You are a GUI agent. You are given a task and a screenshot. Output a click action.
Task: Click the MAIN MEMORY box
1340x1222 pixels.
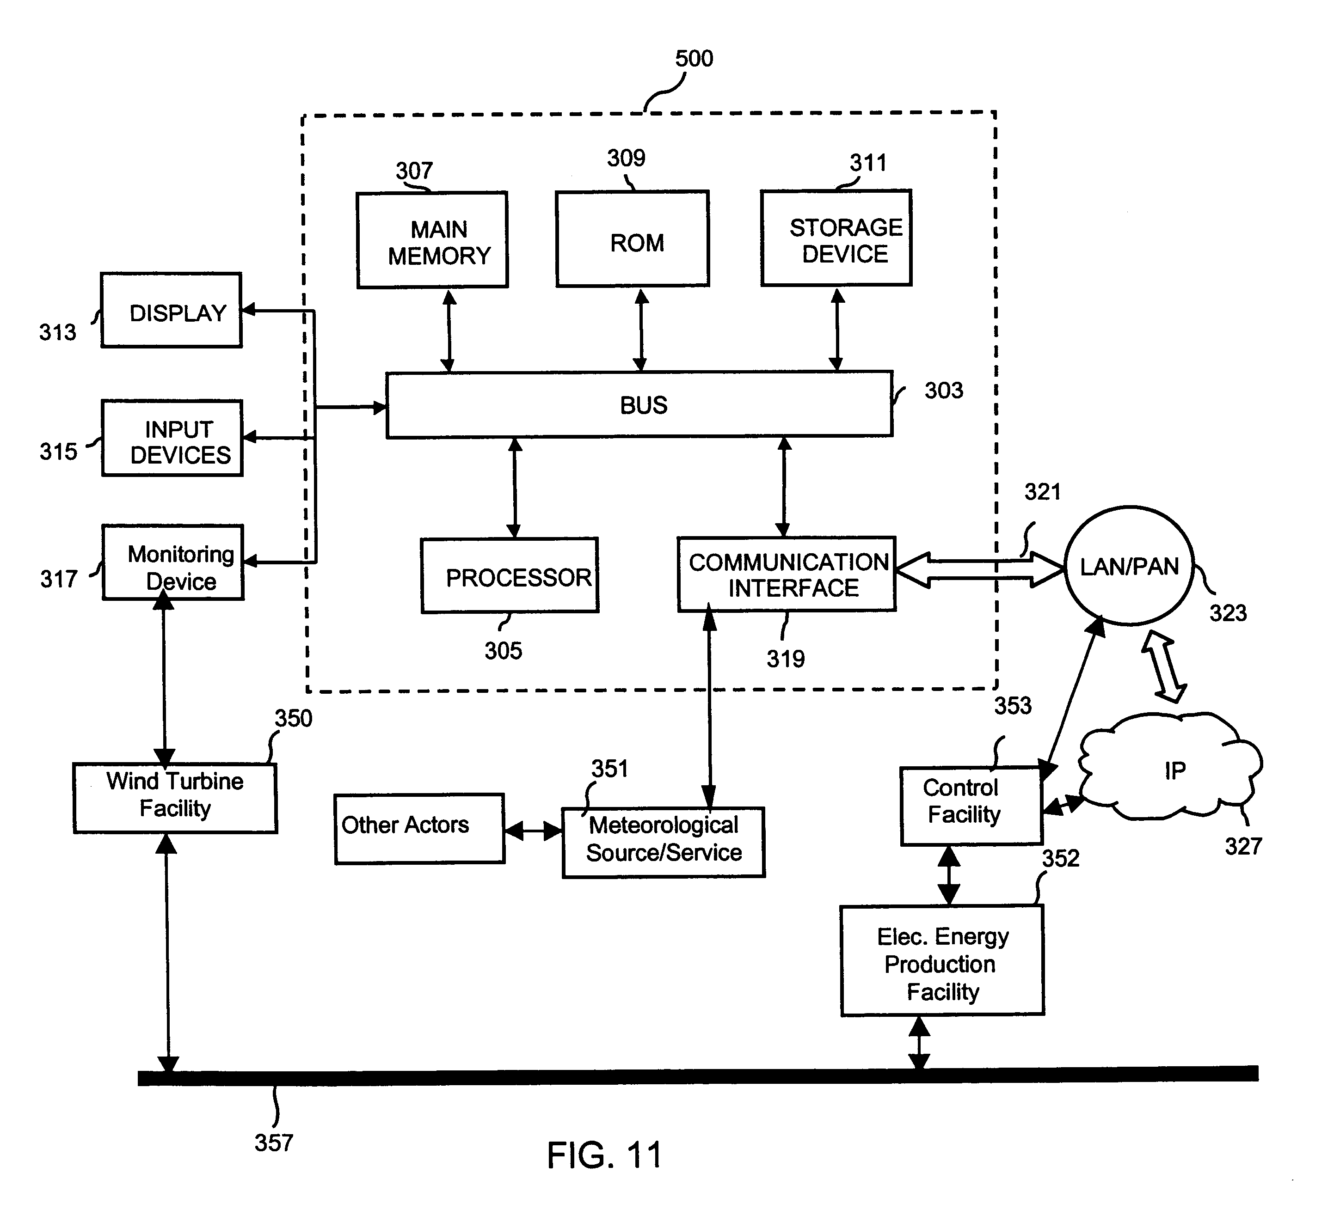tap(432, 240)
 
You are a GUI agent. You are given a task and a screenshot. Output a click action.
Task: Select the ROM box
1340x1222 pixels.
tap(632, 239)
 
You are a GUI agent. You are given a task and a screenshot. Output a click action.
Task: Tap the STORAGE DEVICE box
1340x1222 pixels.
tap(836, 238)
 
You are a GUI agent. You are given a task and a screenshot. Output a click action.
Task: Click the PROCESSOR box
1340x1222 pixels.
tap(510, 575)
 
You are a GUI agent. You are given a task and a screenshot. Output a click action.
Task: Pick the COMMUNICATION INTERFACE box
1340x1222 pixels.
tap(787, 574)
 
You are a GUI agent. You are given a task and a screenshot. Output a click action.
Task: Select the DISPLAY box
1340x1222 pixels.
tap(172, 310)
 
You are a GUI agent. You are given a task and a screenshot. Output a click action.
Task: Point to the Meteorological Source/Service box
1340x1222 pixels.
tap(664, 843)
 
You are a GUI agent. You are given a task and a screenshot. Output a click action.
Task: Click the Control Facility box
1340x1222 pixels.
tap(971, 806)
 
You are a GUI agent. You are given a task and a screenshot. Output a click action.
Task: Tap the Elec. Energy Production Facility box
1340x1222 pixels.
tap(942, 961)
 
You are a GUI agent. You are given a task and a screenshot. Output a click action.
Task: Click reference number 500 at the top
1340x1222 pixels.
tap(694, 59)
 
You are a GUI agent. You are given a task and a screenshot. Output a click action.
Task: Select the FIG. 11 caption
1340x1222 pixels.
tap(604, 1155)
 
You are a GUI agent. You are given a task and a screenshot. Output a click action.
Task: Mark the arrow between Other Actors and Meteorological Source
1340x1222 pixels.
tap(534, 831)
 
